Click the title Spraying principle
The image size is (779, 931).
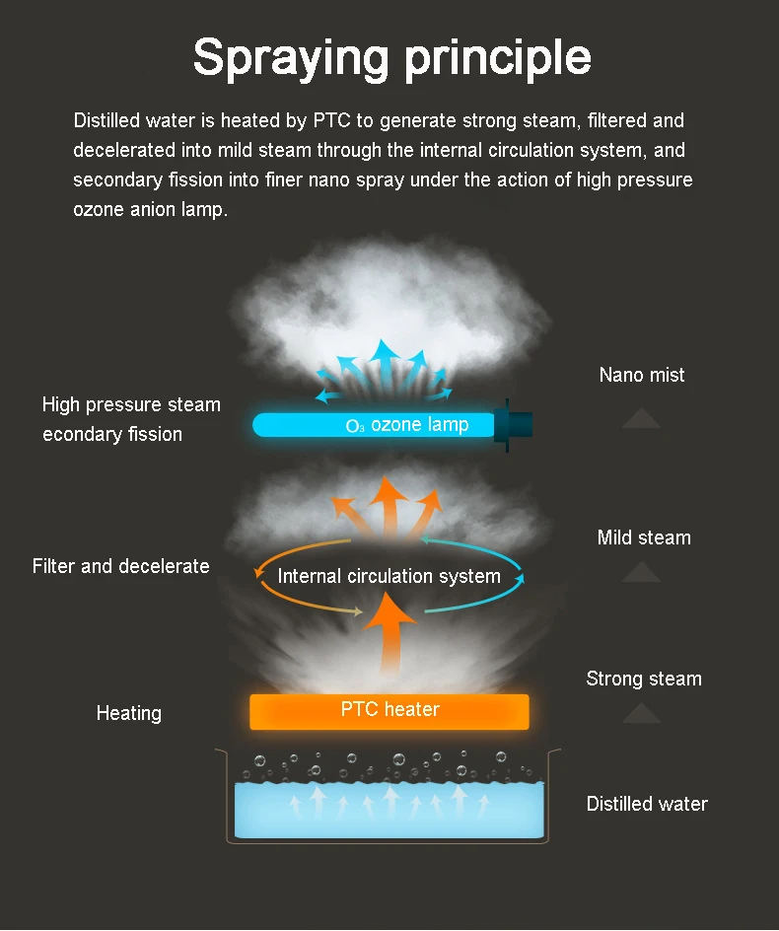391,59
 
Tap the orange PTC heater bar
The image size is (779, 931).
389,711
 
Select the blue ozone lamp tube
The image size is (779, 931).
374,425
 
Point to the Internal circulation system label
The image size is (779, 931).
389,576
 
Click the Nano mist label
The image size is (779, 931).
642,375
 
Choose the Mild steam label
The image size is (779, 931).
644,537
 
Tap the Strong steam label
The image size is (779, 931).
644,679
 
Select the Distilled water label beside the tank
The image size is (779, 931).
647,804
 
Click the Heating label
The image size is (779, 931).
129,713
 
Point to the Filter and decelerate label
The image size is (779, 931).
120,566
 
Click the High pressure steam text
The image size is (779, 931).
131,405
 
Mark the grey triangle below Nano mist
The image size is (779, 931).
641,418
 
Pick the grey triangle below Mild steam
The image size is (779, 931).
641,572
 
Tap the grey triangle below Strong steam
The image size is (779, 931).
641,713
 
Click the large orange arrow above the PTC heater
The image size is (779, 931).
389,632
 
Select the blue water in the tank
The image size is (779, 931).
389,810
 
